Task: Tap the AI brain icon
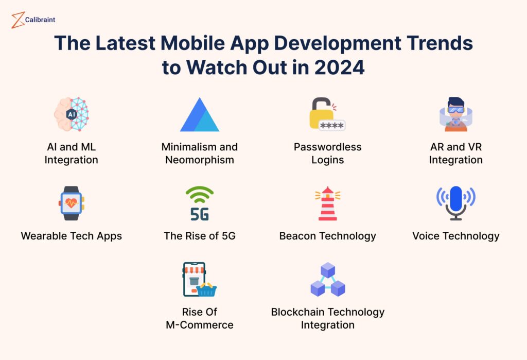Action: [x=71, y=114]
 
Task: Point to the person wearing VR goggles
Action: [x=455, y=114]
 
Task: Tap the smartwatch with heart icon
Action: [x=71, y=203]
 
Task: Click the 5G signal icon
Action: [x=199, y=203]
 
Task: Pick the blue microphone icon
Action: [x=455, y=203]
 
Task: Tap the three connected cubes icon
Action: [x=327, y=280]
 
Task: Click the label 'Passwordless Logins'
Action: [x=327, y=153]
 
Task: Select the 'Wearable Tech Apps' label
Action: [x=71, y=236]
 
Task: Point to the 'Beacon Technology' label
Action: [x=327, y=236]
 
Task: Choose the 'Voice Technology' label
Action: [x=455, y=236]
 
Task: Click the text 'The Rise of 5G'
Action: [x=199, y=236]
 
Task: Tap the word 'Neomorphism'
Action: [x=199, y=160]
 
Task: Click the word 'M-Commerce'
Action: [x=199, y=325]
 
